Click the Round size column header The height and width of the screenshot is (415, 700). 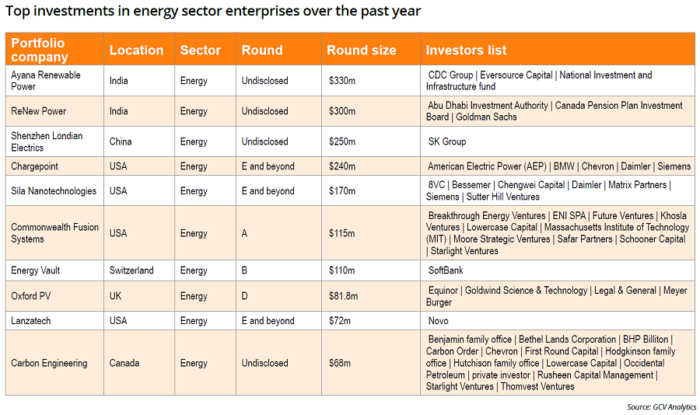(x=361, y=50)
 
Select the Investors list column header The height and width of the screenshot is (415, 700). (x=466, y=50)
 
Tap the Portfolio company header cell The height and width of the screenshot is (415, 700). (x=40, y=50)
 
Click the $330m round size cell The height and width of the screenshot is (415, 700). (x=342, y=81)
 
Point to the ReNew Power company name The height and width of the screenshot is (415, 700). (x=38, y=111)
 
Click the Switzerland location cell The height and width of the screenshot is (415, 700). (x=131, y=270)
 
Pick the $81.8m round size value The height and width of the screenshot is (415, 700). (x=343, y=296)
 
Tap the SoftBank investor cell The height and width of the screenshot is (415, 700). (x=446, y=270)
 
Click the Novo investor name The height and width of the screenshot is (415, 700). (x=439, y=321)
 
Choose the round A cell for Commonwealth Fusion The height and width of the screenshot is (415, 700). (x=244, y=233)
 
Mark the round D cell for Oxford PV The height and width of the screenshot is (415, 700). (x=244, y=296)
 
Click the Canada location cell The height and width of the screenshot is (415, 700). (x=124, y=363)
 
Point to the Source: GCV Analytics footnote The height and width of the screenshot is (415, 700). (x=662, y=407)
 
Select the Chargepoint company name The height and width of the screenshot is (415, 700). (x=34, y=166)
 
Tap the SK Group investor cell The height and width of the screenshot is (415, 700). (x=447, y=141)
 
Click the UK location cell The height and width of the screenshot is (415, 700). (x=115, y=296)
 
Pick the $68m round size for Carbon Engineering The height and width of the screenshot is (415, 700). (x=340, y=363)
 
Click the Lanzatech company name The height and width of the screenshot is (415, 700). (x=31, y=321)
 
